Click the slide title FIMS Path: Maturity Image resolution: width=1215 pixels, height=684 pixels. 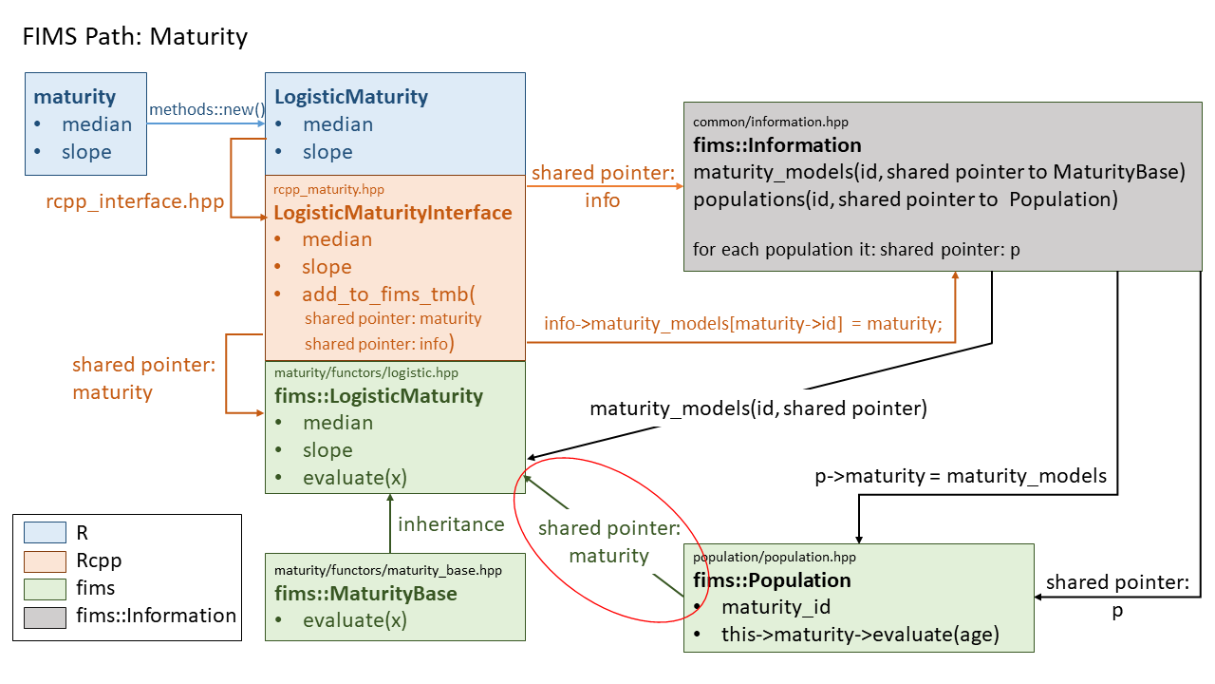pos(135,37)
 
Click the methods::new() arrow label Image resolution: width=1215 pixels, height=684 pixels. pos(206,109)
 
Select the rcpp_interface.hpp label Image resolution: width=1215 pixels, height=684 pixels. pos(135,201)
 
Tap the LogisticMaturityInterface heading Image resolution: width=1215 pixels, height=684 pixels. pos(393,212)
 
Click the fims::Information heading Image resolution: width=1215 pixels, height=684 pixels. pos(777,145)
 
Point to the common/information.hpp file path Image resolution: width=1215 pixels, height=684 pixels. pos(771,122)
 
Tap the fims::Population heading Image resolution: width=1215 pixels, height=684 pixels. pos(772,579)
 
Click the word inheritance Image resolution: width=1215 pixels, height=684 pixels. pos(451,524)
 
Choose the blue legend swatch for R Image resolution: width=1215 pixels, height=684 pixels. pos(45,533)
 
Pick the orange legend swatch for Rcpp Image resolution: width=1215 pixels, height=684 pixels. pos(45,560)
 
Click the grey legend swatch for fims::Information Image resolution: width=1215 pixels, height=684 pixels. pos(45,616)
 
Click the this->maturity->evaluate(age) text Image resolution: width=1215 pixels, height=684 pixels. pos(860,635)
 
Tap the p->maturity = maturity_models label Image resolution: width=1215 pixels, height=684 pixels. pos(961,476)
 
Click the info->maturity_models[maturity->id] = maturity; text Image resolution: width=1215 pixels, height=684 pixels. pos(742,324)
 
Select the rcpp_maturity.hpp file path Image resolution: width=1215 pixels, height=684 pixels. pos(329,189)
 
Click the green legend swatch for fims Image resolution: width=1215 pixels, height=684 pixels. pos(45,588)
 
